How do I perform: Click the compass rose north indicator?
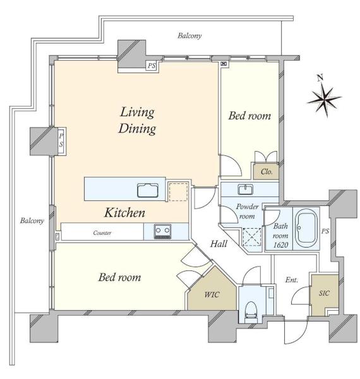click(324, 97)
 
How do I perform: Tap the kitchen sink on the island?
click(148, 190)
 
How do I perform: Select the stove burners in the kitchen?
click(162, 231)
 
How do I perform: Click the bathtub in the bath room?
click(306, 228)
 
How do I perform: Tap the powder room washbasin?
click(245, 189)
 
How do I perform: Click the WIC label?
click(212, 294)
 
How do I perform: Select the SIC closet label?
click(324, 293)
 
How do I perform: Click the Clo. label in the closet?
click(267, 172)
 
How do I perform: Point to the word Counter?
click(102, 232)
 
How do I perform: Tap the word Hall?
click(219, 244)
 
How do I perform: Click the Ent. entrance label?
click(292, 280)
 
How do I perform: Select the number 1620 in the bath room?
click(281, 245)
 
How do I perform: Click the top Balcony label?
click(189, 36)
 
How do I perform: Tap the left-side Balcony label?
click(32, 220)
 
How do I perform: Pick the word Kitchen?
click(124, 213)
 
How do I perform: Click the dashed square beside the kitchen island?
click(178, 192)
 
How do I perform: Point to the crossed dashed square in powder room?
click(252, 237)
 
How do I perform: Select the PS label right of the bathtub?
click(325, 231)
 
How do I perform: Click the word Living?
click(137, 112)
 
